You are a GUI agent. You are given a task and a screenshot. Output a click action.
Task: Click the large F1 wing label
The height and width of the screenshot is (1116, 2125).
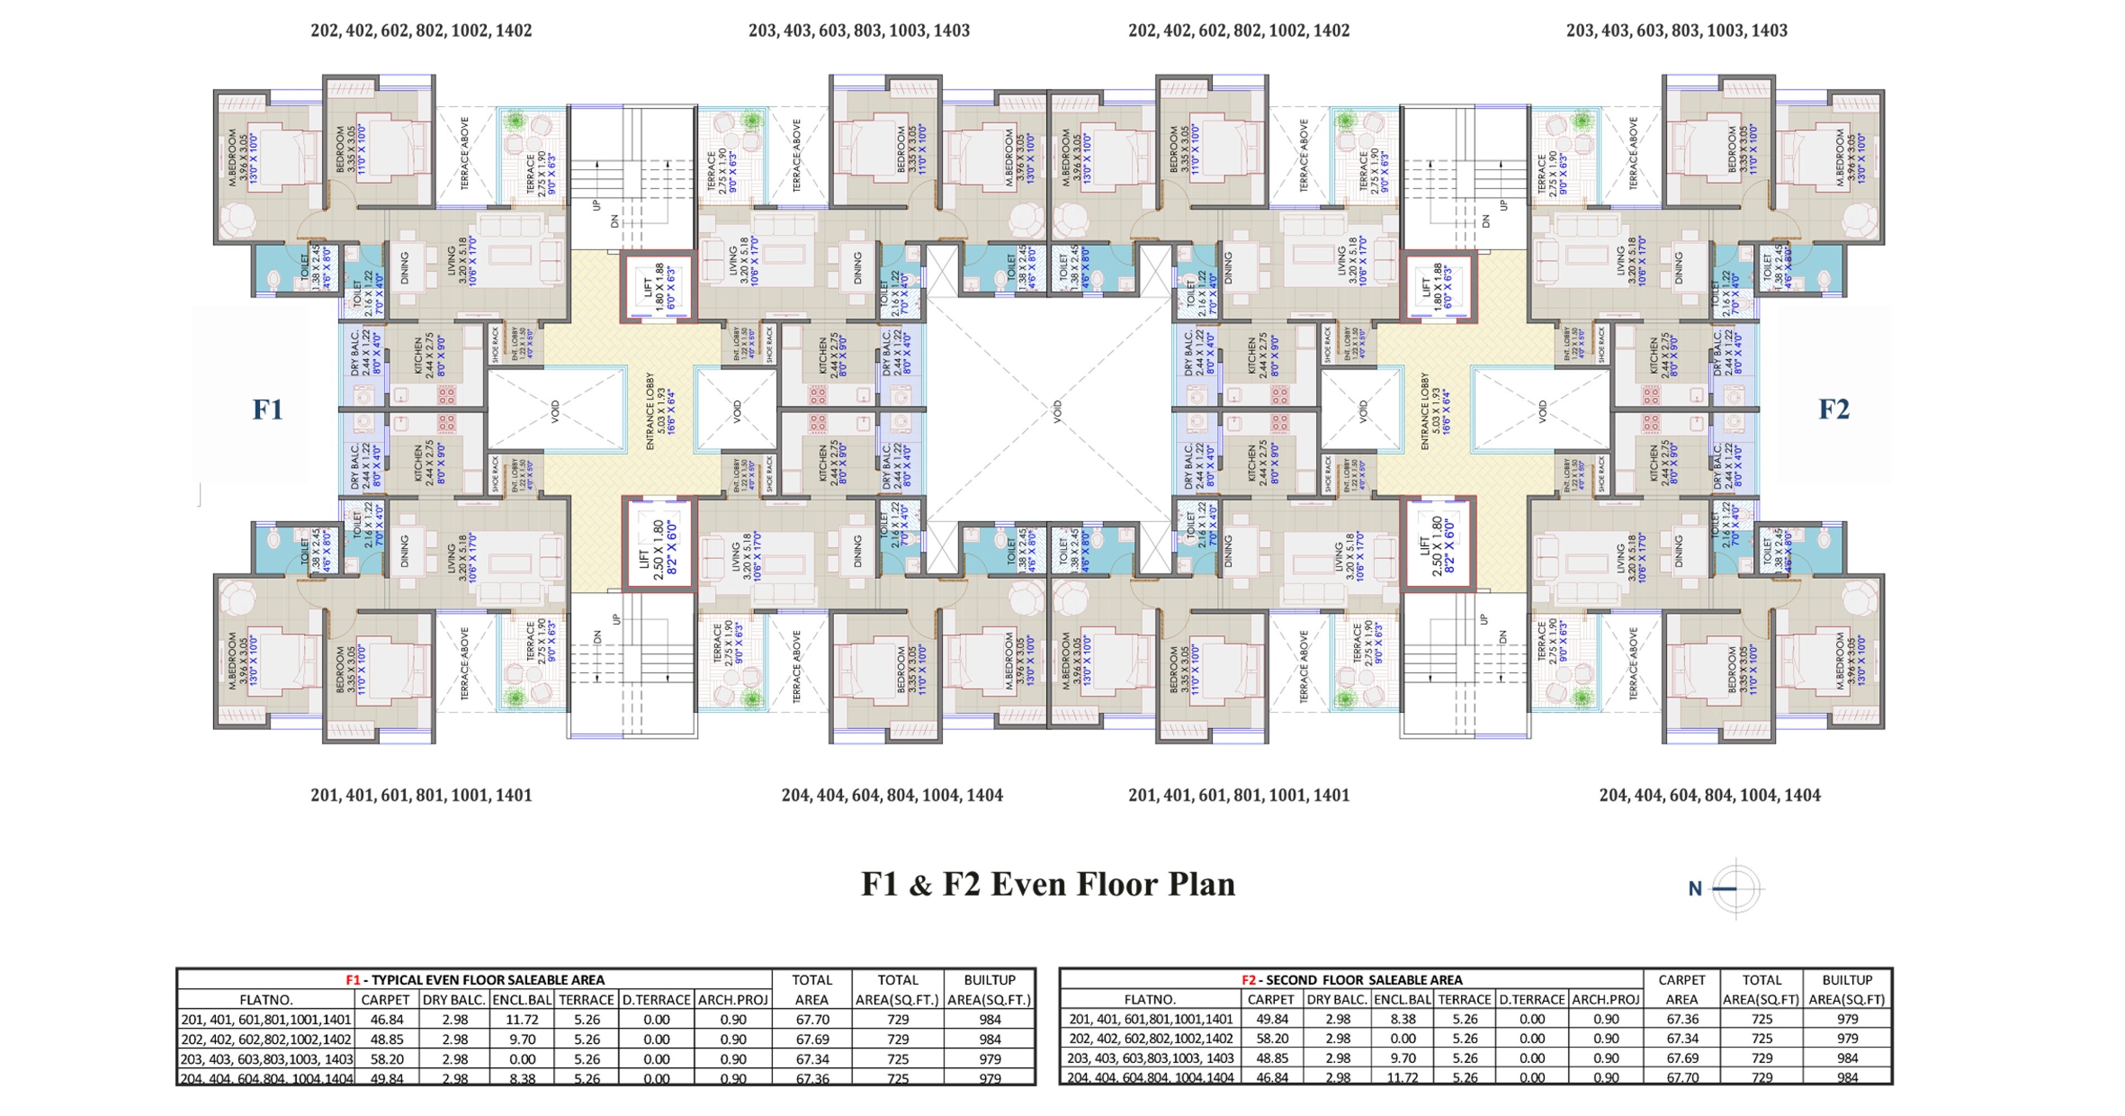(267, 409)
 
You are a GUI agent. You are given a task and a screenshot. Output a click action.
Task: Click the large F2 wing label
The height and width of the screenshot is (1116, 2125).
(1833, 409)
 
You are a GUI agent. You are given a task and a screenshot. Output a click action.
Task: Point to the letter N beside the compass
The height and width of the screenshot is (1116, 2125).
(1694, 889)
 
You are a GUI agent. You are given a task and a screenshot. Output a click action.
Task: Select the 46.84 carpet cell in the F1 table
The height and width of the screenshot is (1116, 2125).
(386, 1019)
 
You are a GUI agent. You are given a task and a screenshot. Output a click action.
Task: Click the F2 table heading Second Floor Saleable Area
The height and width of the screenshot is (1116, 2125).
(1352, 980)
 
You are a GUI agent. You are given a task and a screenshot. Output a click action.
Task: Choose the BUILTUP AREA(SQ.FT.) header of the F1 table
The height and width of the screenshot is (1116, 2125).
(989, 990)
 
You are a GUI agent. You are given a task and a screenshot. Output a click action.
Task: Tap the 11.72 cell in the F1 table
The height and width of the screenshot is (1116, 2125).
(522, 1019)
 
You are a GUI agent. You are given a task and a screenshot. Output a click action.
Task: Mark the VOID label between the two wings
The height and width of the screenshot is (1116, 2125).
(1057, 411)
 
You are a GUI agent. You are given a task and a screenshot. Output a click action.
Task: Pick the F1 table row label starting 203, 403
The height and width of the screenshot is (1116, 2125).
(266, 1059)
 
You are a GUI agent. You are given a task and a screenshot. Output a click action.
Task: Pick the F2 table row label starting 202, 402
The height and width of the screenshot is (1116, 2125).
(1150, 1038)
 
